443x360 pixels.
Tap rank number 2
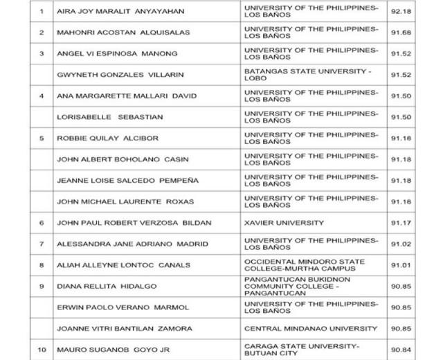tap(42, 33)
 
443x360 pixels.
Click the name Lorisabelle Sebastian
tap(102, 118)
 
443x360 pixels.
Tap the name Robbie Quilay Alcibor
tap(107, 138)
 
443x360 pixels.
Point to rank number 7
tap(42, 244)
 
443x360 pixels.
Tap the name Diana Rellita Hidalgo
tap(107, 286)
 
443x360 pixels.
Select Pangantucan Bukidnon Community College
tap(302, 286)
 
